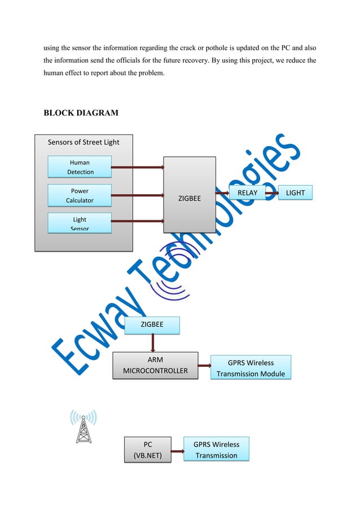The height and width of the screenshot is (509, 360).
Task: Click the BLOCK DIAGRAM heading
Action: click(81, 112)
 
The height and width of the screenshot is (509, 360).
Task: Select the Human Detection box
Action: click(80, 167)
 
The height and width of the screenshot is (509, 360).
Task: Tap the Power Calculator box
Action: click(80, 195)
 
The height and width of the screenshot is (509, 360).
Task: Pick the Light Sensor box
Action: click(80, 223)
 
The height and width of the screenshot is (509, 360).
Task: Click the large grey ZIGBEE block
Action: click(190, 195)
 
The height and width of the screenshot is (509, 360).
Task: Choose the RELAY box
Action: click(247, 193)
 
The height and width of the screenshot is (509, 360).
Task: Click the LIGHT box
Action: click(295, 193)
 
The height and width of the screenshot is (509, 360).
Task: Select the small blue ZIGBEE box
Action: click(152, 325)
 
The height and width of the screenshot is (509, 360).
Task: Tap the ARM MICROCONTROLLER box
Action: click(155, 366)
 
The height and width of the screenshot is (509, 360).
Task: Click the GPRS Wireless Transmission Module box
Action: click(251, 368)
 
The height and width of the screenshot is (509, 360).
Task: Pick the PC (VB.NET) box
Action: click(147, 450)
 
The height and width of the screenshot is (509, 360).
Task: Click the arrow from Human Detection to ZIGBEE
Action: click(138, 167)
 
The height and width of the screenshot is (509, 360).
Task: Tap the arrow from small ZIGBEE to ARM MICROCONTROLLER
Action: click(152, 343)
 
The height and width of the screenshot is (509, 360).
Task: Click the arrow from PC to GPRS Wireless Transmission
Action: click(177, 451)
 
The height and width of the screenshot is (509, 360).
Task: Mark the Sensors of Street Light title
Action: click(84, 142)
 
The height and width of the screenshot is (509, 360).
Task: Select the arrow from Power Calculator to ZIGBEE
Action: click(138, 195)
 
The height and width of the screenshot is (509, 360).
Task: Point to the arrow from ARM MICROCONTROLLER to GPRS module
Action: click(204, 366)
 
